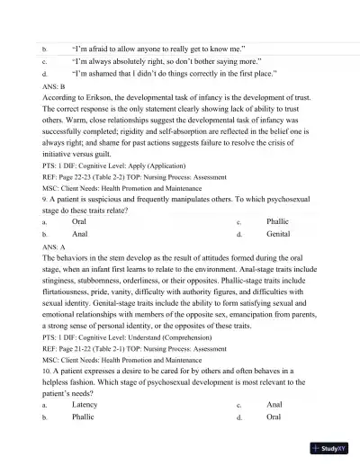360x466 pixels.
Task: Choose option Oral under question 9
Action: [x=79, y=220]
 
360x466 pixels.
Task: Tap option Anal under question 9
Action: [x=79, y=233]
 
